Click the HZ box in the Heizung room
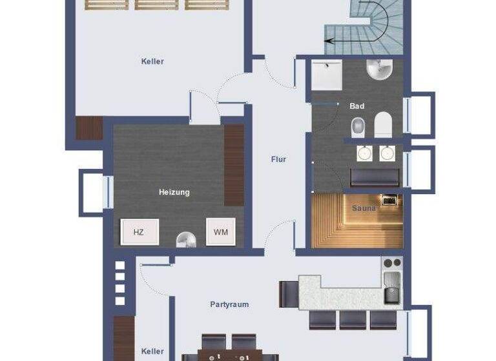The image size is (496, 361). (x=139, y=232)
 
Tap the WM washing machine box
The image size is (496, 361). (x=220, y=232)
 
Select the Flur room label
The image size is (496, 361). (x=278, y=159)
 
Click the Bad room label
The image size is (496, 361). (x=357, y=106)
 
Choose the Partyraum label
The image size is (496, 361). (x=229, y=304)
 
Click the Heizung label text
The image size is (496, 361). (x=174, y=192)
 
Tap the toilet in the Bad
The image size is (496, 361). (x=383, y=124)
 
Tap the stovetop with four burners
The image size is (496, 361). (x=391, y=263)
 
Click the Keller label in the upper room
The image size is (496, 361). (x=152, y=62)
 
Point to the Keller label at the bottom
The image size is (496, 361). (x=152, y=351)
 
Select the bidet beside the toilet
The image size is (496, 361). (x=357, y=127)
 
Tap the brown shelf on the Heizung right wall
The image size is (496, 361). (x=233, y=165)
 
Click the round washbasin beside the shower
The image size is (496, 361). (x=380, y=68)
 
